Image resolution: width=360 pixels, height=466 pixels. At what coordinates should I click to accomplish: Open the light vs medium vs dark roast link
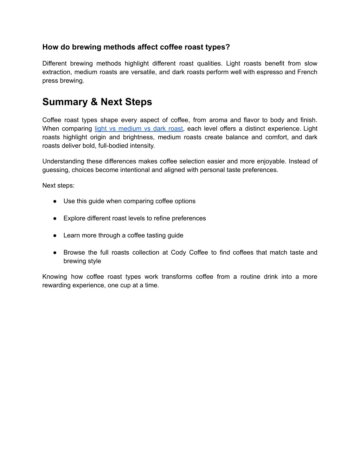pos(139,129)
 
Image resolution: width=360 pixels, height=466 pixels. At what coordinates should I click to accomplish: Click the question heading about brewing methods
pos(136,47)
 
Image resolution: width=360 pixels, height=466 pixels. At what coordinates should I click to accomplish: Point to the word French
pos(307,72)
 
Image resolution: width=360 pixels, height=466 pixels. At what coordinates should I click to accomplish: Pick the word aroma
pos(218,120)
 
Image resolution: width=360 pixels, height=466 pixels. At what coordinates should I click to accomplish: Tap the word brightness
pos(139,137)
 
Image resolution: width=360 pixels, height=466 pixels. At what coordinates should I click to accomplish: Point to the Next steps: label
pos(58,185)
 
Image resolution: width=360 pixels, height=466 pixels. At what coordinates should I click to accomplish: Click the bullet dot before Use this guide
pos(55,201)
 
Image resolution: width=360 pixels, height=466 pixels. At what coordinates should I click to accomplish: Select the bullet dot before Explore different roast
pos(55,218)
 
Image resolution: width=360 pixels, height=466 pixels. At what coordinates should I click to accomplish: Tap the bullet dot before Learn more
pos(55,236)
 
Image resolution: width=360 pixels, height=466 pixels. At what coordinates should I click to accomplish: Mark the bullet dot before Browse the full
pos(55,253)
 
